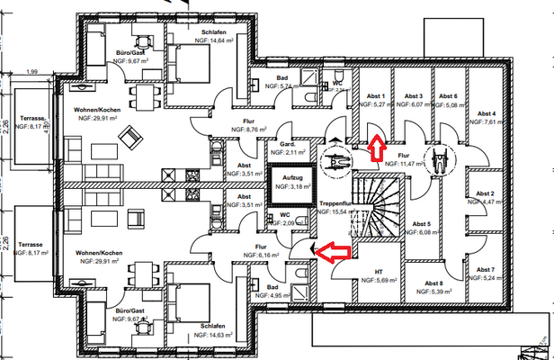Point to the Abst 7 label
487,269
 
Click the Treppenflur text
334,206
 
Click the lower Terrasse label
31,243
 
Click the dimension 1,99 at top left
32,71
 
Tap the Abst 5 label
422,224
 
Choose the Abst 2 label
487,193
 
